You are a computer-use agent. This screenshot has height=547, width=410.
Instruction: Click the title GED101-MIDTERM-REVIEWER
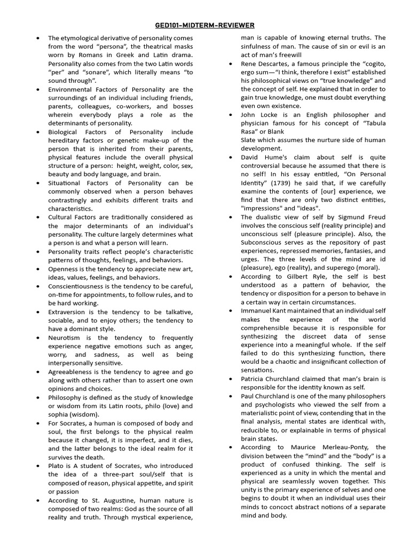pos(204,25)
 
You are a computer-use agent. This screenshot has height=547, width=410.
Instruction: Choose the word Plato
pos(57,466)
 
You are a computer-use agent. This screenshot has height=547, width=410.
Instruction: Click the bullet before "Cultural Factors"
pos(38,217)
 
